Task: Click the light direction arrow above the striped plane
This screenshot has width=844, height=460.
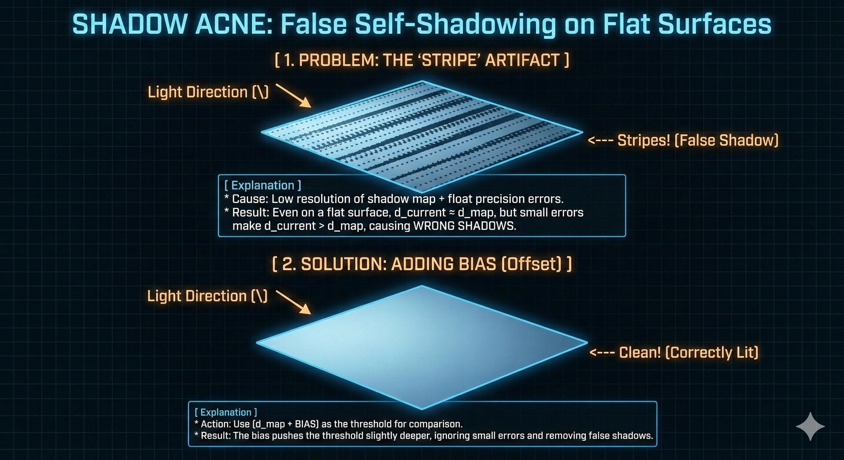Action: (293, 95)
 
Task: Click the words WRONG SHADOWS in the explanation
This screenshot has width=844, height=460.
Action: (465, 226)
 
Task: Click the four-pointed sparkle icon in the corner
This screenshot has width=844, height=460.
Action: (810, 426)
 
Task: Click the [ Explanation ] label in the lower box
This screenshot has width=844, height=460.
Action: (226, 412)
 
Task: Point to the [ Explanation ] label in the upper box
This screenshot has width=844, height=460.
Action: (263, 185)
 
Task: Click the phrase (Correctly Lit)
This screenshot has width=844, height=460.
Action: (712, 352)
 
